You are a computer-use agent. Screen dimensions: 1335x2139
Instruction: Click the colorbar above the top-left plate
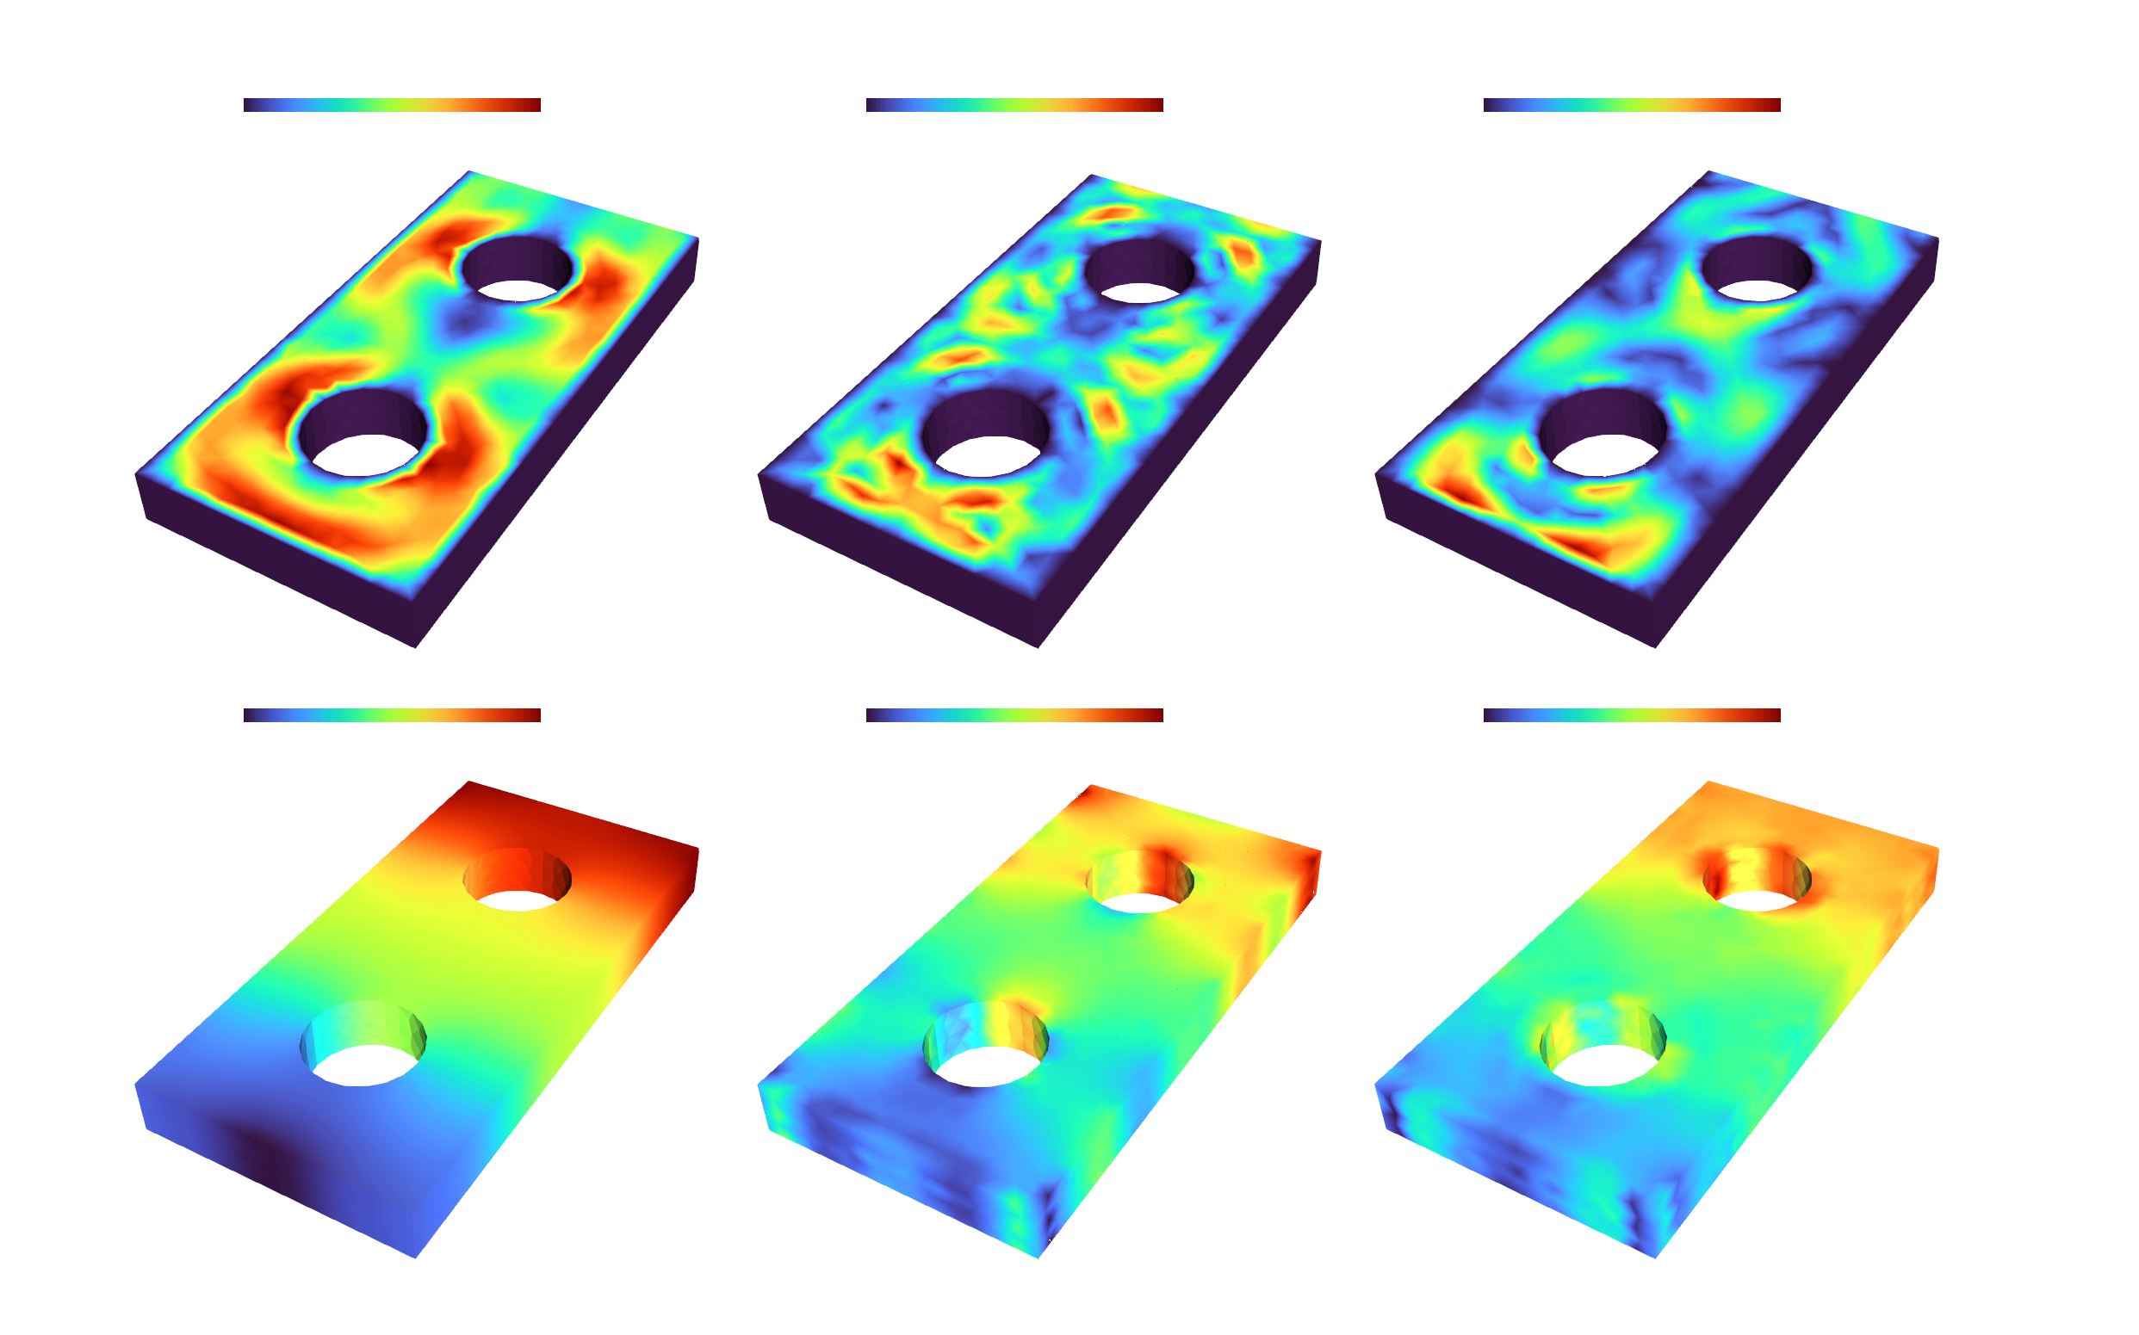pyautogui.click(x=391, y=105)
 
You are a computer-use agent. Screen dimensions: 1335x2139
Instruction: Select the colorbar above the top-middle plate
pyautogui.click(x=1014, y=105)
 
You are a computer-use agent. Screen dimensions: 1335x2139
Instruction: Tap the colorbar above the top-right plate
pyautogui.click(x=1631, y=105)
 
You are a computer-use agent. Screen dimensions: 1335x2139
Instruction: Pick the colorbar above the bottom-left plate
pyautogui.click(x=391, y=715)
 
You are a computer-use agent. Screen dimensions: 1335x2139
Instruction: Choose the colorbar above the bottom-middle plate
pyautogui.click(x=1014, y=715)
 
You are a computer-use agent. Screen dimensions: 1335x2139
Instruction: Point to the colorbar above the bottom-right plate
pyautogui.click(x=1631, y=715)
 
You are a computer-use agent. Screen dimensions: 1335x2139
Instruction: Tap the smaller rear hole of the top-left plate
pyautogui.click(x=518, y=269)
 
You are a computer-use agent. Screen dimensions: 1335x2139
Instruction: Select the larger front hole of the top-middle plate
pyautogui.click(x=986, y=435)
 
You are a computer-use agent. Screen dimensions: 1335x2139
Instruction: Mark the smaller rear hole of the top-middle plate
pyautogui.click(x=1139, y=271)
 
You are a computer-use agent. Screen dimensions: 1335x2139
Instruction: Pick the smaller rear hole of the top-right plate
pyautogui.click(x=1757, y=269)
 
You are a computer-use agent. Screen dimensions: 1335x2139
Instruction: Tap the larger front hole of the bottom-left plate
pyautogui.click(x=363, y=1045)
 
